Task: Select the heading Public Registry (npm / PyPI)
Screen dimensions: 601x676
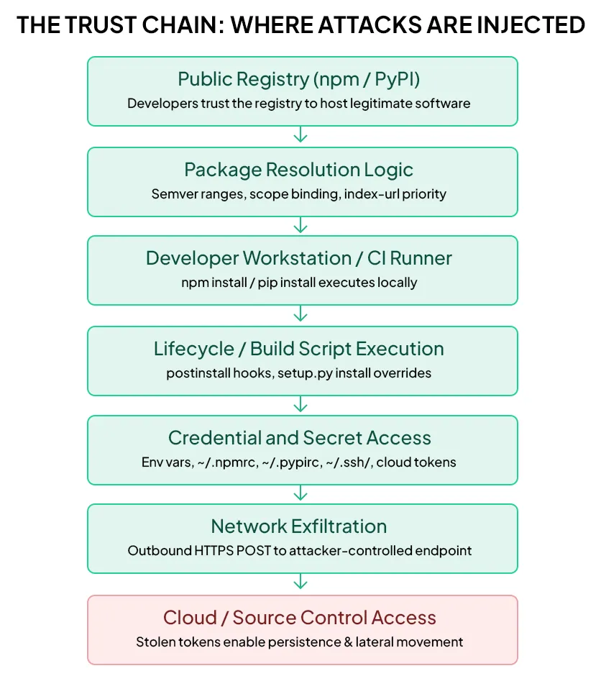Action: click(x=298, y=79)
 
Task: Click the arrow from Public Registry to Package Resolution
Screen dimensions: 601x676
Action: click(x=300, y=134)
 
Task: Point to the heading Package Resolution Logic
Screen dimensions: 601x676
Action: click(x=298, y=170)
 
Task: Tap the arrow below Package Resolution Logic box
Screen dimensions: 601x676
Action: click(x=300, y=225)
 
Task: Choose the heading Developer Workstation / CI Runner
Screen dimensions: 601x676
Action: click(x=298, y=258)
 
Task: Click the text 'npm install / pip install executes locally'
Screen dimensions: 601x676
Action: click(x=299, y=283)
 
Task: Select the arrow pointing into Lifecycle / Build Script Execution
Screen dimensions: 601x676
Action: click(x=300, y=314)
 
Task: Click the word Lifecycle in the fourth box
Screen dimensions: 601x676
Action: click(x=193, y=349)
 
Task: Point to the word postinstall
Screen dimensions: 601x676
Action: click(x=198, y=373)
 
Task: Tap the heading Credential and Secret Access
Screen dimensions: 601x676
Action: click(x=300, y=438)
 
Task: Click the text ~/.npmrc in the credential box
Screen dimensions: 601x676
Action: click(x=228, y=462)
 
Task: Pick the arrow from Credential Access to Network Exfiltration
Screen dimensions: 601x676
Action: click(x=300, y=493)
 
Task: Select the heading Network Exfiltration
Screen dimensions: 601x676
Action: click(x=298, y=526)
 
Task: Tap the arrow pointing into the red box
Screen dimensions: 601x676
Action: click(x=300, y=582)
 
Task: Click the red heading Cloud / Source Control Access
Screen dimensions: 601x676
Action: click(x=300, y=618)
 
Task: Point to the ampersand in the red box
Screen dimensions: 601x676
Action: click(x=349, y=642)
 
